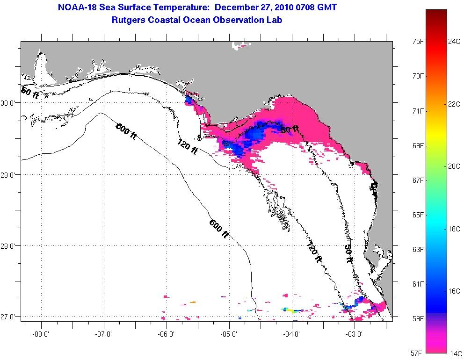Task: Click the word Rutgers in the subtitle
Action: point(128,20)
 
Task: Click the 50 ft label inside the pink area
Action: point(290,130)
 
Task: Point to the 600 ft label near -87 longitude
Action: point(126,130)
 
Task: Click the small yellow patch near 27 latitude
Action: point(290,310)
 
